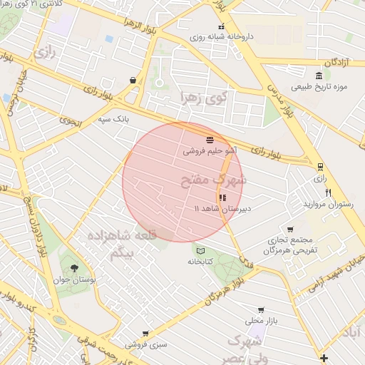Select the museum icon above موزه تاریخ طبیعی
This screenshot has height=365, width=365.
[x=319, y=76]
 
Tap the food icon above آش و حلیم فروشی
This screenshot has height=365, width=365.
[x=210, y=139]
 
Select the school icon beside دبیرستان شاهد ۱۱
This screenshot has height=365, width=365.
[x=222, y=197]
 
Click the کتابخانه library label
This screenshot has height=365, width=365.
[x=201, y=262]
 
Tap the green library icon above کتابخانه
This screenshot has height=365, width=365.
[x=200, y=250]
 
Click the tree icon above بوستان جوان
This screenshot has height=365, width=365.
[x=74, y=268]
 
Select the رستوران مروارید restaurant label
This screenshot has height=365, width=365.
[x=328, y=205]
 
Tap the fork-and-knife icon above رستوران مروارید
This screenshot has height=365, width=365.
[x=328, y=192]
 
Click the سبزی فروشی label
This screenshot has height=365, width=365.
[x=146, y=344]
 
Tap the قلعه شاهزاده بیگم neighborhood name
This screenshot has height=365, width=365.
[x=121, y=245]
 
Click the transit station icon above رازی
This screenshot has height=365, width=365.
[x=321, y=167]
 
